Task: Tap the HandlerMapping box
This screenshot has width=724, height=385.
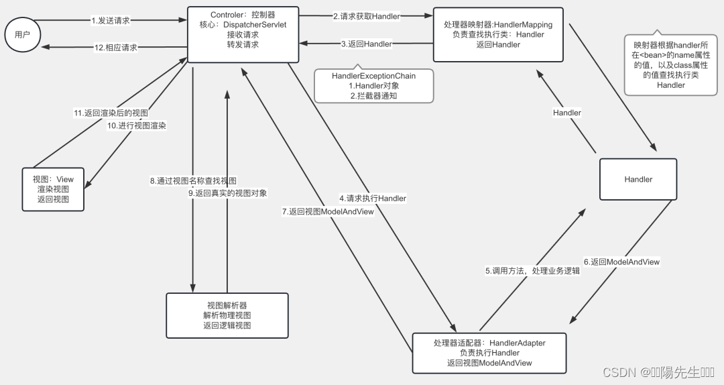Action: click(x=498, y=34)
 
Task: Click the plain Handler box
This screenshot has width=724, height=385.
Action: click(x=638, y=179)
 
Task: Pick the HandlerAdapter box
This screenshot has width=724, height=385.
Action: click(x=489, y=353)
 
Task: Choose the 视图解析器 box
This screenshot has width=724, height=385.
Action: click(x=227, y=315)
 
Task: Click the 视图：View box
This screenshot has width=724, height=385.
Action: click(x=53, y=189)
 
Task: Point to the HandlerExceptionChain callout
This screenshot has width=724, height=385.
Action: click(x=373, y=86)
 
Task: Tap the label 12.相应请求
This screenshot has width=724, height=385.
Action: click(x=115, y=48)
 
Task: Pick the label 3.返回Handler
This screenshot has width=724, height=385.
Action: click(x=366, y=44)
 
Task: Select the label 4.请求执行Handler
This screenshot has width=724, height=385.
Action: click(x=372, y=199)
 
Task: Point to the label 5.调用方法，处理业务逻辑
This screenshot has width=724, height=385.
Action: click(x=532, y=271)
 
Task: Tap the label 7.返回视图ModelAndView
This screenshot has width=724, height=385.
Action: click(x=328, y=211)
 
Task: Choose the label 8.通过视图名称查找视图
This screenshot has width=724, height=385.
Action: click(x=193, y=181)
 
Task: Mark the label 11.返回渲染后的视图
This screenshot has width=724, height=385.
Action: click(x=111, y=113)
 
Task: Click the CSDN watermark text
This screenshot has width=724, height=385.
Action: click(x=658, y=372)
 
